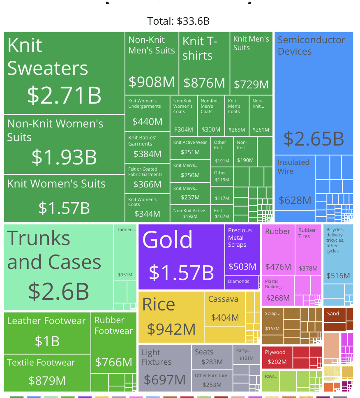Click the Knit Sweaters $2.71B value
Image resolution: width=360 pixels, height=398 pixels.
click(x=64, y=95)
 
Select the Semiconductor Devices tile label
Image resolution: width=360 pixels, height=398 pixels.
click(x=311, y=46)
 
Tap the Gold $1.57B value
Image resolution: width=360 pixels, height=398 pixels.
click(x=181, y=272)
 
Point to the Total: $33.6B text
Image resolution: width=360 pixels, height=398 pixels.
click(x=178, y=21)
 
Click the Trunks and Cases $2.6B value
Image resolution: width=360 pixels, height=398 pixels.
click(x=59, y=291)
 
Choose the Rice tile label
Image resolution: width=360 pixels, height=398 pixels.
click(x=159, y=305)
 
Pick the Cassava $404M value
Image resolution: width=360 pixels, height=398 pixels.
click(x=225, y=317)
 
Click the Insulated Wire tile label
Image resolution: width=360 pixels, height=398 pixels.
click(x=293, y=167)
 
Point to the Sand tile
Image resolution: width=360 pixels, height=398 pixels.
click(x=333, y=314)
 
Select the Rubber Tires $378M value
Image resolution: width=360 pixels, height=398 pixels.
click(x=308, y=268)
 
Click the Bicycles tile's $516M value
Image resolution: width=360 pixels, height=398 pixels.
click(x=338, y=275)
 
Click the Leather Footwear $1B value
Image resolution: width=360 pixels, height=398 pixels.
click(x=47, y=341)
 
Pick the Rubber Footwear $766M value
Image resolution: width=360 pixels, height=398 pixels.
click(x=113, y=362)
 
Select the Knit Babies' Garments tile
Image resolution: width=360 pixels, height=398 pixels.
click(x=147, y=147)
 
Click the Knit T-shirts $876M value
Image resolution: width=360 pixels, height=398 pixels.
click(x=204, y=83)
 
